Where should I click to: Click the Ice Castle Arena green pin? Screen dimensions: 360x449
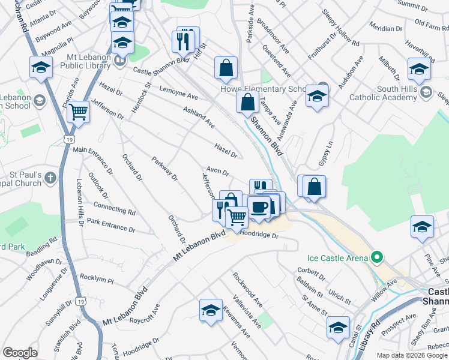pos(377,258)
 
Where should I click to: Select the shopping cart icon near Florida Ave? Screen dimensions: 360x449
pos(78,112)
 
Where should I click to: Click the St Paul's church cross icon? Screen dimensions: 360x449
pos(50,178)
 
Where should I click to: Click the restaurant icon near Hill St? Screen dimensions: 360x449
pos(184,41)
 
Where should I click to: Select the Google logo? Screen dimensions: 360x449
pos(20,352)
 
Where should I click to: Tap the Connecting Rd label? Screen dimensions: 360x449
pos(114,208)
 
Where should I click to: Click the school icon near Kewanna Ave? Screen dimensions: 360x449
pos(210,310)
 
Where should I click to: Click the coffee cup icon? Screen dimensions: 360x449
pos(259,208)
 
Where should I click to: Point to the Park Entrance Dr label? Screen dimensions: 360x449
pos(110,225)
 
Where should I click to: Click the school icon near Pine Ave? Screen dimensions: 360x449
pos(422,227)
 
